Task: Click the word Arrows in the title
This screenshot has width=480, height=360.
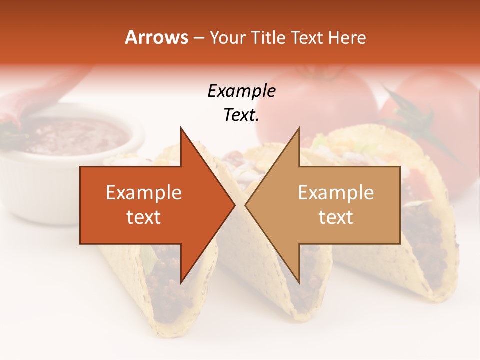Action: [156, 37]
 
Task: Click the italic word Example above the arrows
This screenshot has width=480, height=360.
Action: [241, 91]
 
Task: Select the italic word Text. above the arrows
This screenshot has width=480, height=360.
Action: [241, 115]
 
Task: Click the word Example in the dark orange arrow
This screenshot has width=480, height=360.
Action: [144, 193]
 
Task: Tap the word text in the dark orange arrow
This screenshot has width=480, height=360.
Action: [144, 217]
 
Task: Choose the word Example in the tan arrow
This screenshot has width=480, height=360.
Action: [336, 193]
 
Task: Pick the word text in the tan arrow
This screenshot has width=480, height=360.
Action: [336, 217]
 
